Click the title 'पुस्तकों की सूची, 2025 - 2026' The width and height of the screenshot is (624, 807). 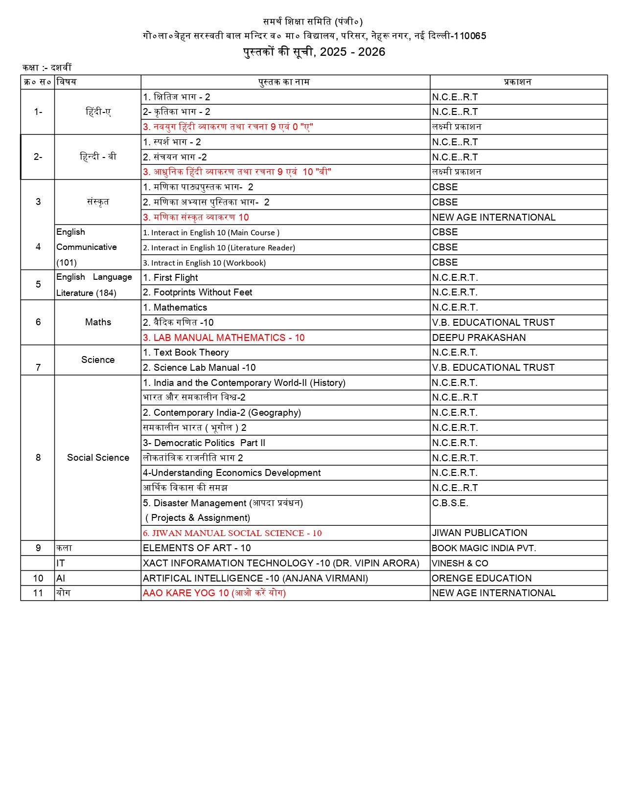tap(314, 52)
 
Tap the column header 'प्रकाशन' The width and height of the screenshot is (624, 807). tap(517, 82)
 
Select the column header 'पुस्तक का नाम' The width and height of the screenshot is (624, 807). tap(284, 82)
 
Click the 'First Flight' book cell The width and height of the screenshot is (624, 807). tap(176, 278)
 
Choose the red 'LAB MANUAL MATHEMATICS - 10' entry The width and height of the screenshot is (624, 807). tap(224, 338)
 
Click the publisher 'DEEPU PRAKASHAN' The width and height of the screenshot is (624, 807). tap(479, 338)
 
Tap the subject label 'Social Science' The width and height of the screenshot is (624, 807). tap(98, 458)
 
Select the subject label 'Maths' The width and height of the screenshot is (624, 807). tap(98, 322)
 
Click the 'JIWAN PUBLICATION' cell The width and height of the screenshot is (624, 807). tap(479, 533)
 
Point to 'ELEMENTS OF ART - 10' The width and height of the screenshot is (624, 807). tap(197, 548)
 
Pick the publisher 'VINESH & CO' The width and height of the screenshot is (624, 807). tap(460, 563)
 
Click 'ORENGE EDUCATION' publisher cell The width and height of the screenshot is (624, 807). tap(482, 579)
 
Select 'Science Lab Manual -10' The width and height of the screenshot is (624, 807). tap(199, 368)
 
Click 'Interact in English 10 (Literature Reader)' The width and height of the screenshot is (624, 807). tap(219, 248)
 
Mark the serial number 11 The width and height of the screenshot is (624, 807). tap(38, 593)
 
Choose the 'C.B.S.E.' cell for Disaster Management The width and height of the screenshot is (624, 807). tap(450, 503)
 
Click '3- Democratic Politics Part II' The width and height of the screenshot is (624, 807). tap(204, 443)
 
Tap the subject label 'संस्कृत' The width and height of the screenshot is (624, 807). tap(98, 202)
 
